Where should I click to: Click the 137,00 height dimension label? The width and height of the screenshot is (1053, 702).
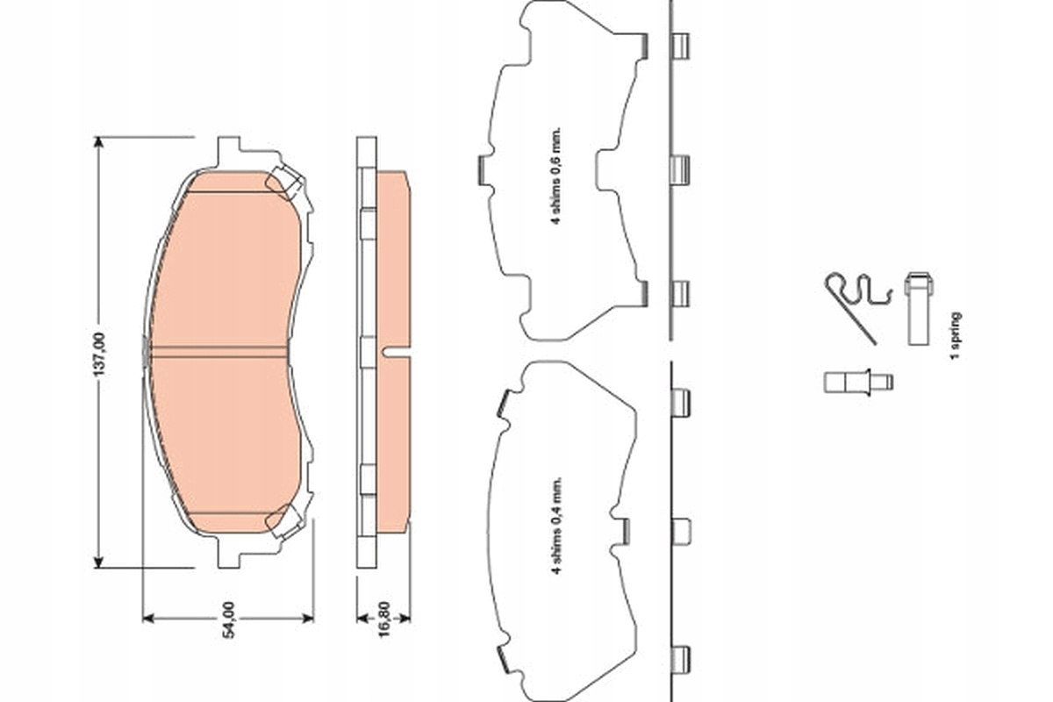(x=99, y=355)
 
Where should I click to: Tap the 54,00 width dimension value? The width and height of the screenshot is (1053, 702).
(x=228, y=620)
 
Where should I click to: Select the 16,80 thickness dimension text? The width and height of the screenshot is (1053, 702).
(x=384, y=620)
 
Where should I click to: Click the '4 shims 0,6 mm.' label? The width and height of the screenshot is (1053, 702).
(x=556, y=175)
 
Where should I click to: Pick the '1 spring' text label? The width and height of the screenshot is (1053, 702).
(x=955, y=336)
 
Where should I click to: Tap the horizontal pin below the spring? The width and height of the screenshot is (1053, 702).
(x=858, y=383)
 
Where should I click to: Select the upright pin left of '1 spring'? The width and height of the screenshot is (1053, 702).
(x=919, y=309)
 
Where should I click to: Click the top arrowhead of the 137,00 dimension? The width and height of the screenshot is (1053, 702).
(x=98, y=142)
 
